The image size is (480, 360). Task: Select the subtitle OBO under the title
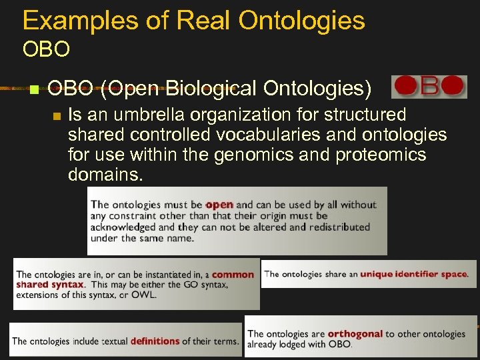click(x=46, y=49)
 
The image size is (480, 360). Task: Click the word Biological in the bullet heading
click(x=211, y=88)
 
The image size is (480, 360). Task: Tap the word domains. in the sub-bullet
click(x=105, y=175)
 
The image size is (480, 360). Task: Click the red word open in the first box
click(x=219, y=205)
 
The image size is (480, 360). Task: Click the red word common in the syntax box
click(x=233, y=274)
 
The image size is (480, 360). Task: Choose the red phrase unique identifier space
click(x=413, y=274)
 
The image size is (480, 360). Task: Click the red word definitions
click(x=155, y=341)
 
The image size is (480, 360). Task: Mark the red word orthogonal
click(x=355, y=333)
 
